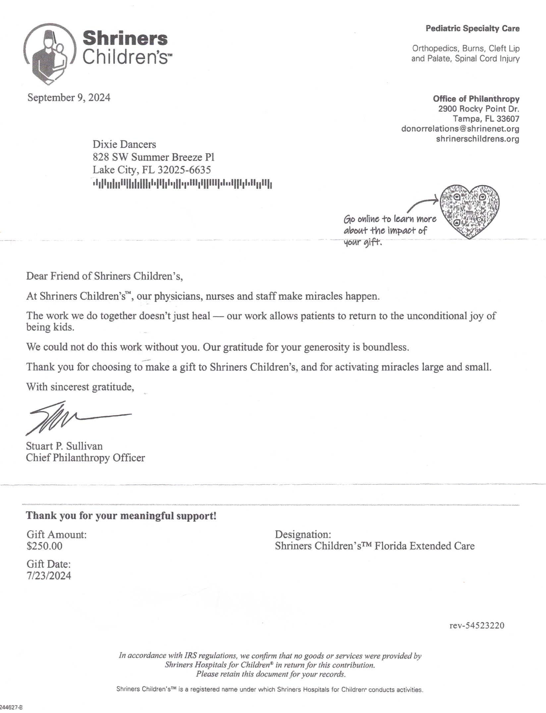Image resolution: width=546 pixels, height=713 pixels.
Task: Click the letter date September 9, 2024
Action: (69, 98)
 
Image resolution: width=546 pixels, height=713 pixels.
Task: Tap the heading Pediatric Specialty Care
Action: (472, 28)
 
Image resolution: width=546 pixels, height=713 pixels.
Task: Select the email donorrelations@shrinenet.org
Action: (460, 128)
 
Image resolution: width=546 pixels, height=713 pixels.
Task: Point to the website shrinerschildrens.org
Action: (477, 139)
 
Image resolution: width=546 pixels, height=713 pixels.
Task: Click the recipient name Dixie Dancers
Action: (124, 144)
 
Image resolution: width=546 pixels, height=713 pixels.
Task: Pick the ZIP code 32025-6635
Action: (184, 170)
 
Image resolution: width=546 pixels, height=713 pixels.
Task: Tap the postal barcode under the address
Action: (182, 183)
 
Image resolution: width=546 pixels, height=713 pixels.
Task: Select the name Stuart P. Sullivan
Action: (64, 446)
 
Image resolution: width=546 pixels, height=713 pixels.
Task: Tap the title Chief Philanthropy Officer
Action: (85, 458)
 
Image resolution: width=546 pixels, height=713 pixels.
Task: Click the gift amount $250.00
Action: (44, 546)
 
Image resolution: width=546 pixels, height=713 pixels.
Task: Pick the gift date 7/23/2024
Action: (49, 576)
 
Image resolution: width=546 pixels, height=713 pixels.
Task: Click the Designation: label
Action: (303, 534)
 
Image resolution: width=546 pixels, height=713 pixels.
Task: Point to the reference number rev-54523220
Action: (477, 625)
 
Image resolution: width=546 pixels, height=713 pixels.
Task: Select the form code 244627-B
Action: (11, 707)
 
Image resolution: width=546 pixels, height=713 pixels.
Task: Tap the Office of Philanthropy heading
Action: (476, 99)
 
